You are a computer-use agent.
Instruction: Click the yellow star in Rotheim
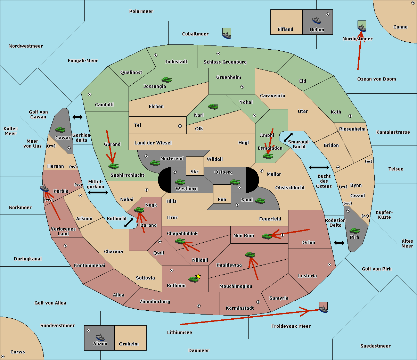[198, 276]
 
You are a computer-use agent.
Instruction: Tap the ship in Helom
[317, 20]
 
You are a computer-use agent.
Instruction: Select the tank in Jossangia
[167, 79]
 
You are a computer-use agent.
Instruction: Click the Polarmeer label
[141, 11]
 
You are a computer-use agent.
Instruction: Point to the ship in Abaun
[100, 337]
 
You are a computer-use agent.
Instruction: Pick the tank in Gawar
[60, 129]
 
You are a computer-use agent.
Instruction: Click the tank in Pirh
[354, 231]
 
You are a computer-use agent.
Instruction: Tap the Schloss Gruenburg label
[225, 62]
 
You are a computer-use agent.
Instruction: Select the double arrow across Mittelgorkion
[98, 192]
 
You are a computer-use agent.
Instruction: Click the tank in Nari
[213, 106]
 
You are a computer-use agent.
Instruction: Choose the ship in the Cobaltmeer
[227, 35]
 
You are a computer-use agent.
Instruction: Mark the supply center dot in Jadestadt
[156, 55]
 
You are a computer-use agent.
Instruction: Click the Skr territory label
[194, 171]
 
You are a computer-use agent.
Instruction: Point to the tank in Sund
[260, 201]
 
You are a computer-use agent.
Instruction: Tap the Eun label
[222, 199]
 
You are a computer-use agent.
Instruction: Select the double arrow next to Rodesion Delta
[339, 243]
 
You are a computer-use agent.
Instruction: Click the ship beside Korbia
[44, 188]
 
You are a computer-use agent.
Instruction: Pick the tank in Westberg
[180, 182]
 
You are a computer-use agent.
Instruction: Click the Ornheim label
[129, 344]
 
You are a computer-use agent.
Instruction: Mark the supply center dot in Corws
[3, 356]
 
